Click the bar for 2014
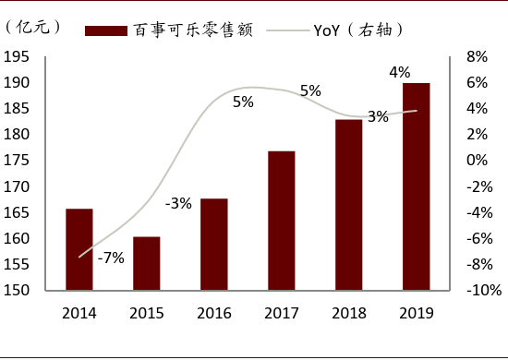click(x=79, y=249)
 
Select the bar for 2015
click(x=146, y=263)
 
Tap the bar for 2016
click(x=213, y=244)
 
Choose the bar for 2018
click(x=348, y=204)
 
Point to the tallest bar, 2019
click(x=416, y=186)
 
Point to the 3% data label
click(x=378, y=117)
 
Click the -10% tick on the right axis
click(x=482, y=290)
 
